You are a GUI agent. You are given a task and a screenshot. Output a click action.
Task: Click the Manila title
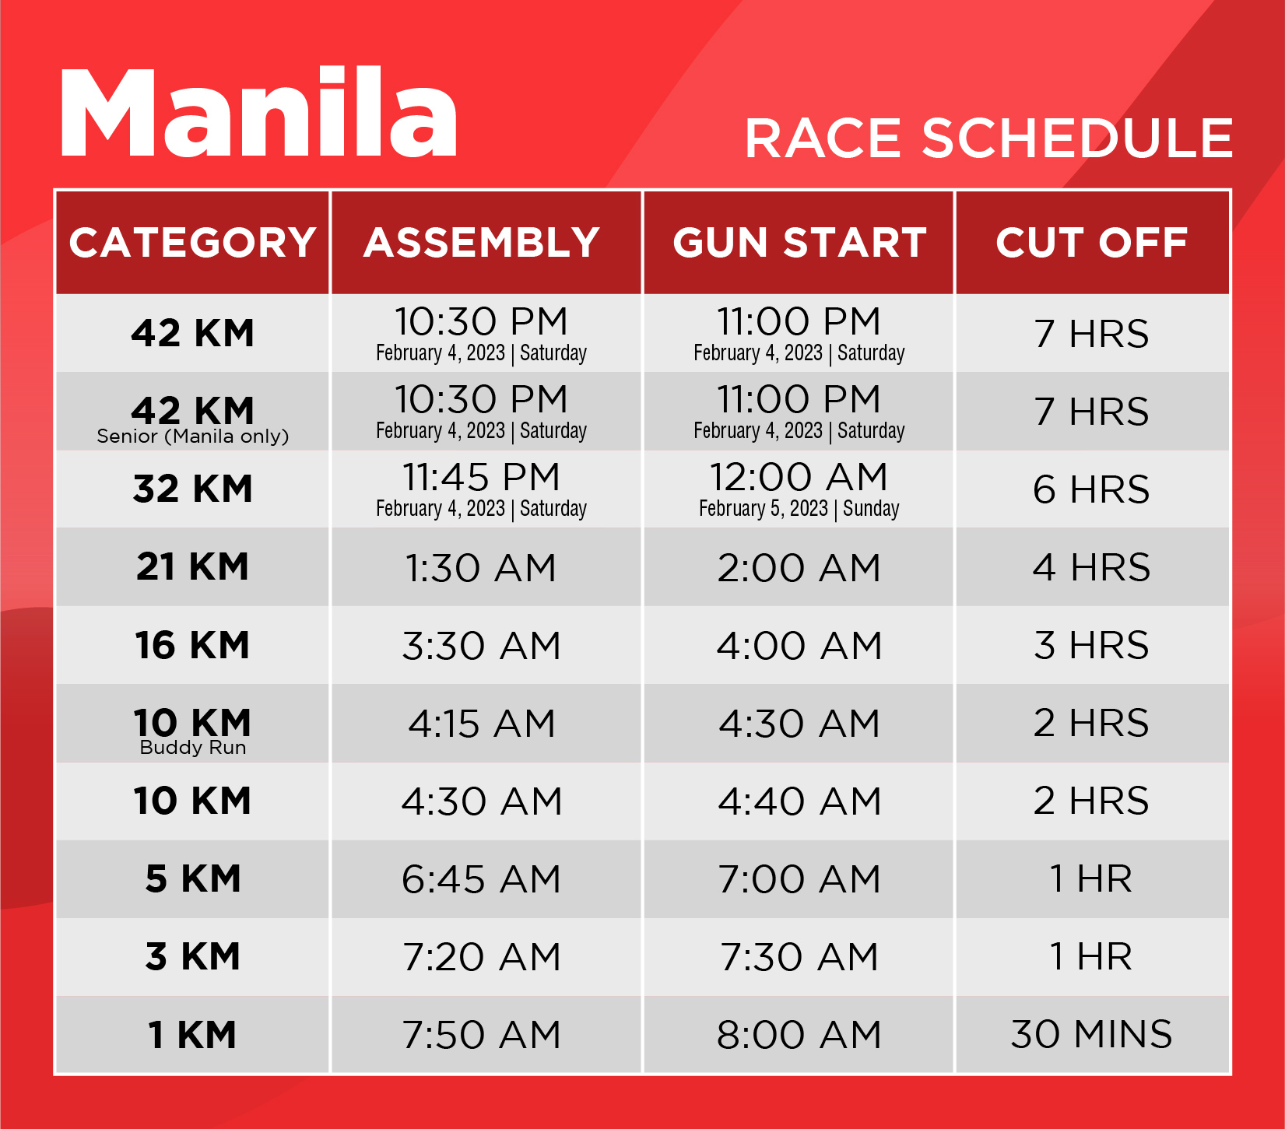258,112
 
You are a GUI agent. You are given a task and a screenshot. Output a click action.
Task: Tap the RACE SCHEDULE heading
988,138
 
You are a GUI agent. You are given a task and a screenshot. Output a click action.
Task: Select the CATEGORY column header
193,242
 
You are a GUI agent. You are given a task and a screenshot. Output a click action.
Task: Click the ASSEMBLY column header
482,242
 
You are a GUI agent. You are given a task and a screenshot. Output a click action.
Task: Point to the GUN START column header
800,242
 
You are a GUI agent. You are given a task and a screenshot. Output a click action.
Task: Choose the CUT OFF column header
1092,242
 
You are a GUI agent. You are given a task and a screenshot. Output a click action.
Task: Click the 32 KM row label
193,489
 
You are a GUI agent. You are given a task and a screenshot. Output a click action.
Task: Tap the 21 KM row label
193,566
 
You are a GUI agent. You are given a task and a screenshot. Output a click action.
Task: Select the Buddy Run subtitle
193,748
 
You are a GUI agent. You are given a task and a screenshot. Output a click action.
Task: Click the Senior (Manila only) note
193,437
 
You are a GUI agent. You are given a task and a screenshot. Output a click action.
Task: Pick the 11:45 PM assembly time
482,477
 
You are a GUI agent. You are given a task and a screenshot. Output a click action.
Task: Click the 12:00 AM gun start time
799,477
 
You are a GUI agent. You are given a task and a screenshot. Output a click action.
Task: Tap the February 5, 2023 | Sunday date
799,509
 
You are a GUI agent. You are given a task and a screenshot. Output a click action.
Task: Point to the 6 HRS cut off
1092,489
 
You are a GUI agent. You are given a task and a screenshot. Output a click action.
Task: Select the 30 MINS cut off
1092,1034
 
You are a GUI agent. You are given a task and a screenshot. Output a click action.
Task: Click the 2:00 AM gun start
799,567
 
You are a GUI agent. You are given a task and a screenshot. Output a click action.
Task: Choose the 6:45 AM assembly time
482,879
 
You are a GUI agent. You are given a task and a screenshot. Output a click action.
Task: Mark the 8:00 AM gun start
799,1035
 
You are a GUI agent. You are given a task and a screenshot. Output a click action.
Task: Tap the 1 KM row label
193,1035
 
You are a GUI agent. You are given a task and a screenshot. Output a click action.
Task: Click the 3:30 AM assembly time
482,645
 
